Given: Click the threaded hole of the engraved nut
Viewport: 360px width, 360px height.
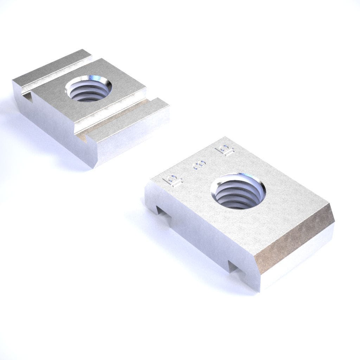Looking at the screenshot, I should coord(238,193).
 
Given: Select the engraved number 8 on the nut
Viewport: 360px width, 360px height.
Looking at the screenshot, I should coord(198,166).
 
